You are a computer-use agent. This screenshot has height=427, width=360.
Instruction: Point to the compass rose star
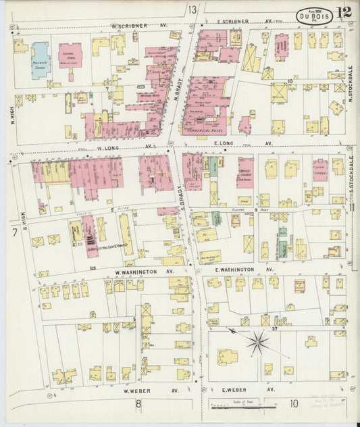tap(257, 342)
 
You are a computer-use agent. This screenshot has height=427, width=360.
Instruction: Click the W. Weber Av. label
tap(138, 390)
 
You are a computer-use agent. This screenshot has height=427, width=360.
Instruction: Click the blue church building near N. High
tap(40, 59)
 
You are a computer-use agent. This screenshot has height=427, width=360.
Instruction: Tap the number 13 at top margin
tap(192, 9)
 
